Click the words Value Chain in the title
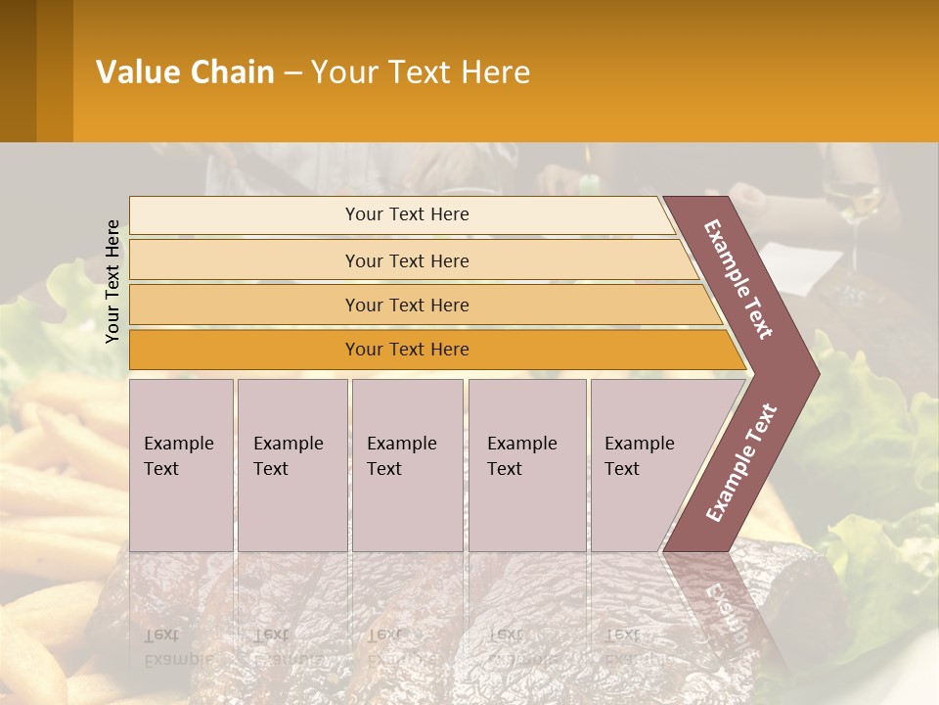[185, 72]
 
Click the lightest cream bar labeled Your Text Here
[406, 214]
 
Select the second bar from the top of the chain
[406, 260]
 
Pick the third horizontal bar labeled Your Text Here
[406, 305]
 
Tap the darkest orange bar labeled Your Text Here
[406, 350]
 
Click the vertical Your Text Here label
[112, 281]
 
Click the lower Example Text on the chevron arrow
[741, 463]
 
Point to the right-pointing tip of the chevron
[816, 374]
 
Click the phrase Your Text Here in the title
[421, 72]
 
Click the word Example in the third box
[401, 444]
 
